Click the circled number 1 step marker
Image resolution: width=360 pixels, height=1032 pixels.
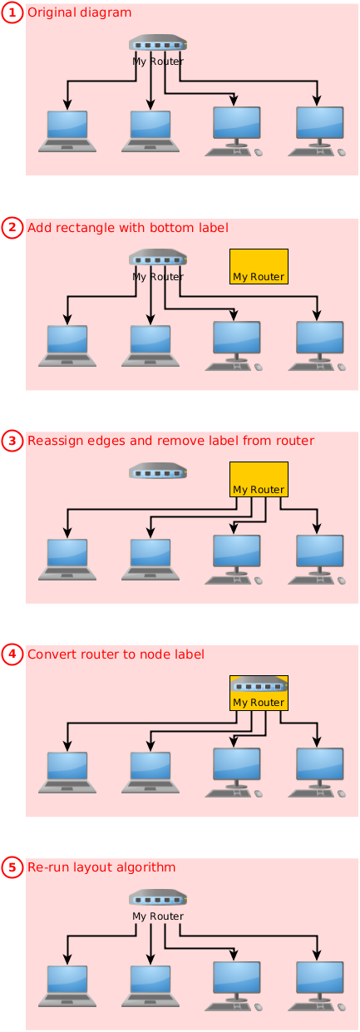point(12,13)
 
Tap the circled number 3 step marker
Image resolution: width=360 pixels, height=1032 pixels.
point(12,441)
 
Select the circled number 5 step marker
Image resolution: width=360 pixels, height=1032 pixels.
point(12,867)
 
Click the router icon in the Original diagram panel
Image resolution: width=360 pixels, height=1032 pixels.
point(158,43)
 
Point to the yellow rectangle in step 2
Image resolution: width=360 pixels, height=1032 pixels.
point(259,266)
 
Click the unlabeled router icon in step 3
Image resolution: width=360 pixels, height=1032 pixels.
point(158,471)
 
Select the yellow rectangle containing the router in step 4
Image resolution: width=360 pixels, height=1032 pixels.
point(259,693)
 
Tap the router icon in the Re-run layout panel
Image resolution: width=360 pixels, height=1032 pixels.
point(158,898)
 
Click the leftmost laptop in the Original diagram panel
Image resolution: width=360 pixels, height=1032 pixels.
point(67,131)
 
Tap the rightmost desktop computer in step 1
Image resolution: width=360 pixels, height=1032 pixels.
point(317,131)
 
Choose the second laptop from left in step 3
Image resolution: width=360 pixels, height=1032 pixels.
point(150,560)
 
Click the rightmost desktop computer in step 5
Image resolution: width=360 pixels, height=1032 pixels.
point(317,986)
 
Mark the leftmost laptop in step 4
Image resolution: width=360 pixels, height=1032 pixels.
point(67,773)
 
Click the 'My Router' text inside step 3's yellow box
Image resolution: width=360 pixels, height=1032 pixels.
point(259,490)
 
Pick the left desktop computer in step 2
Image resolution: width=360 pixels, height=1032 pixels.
point(234,347)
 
